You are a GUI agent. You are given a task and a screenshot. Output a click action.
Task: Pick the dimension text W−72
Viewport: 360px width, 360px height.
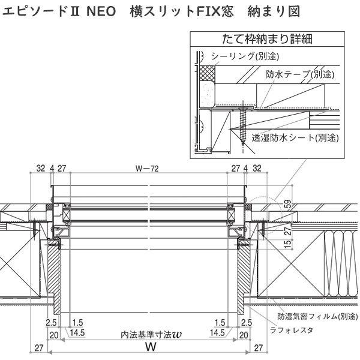pyautogui.click(x=147, y=169)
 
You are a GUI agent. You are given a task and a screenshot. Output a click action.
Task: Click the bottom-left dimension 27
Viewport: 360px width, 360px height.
pyautogui.click(x=39, y=347)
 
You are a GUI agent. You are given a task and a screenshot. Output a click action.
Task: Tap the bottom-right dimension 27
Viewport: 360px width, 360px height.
pyautogui.click(x=259, y=347)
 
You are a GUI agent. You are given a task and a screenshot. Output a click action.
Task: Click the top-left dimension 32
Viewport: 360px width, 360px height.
pyautogui.click(x=40, y=169)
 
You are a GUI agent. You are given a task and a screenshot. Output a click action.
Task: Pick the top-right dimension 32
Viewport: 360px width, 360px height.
pyautogui.click(x=257, y=169)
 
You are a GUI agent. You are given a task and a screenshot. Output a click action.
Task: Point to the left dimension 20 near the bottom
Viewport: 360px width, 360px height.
pyautogui.click(x=53, y=333)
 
